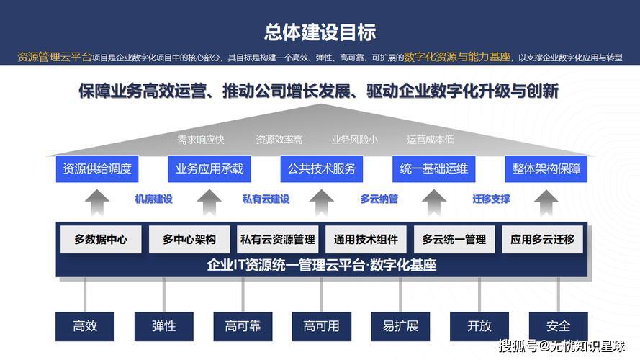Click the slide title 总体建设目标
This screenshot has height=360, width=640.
pyautogui.click(x=320, y=32)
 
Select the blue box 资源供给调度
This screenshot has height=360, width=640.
pyautogui.click(x=97, y=168)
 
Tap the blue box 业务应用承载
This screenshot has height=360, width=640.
pyautogui.click(x=209, y=168)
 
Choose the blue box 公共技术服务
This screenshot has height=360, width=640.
pyautogui.click(x=322, y=168)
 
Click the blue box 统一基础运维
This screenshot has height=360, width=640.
pyautogui.click(x=434, y=168)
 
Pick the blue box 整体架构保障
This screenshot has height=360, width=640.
pyautogui.click(x=546, y=168)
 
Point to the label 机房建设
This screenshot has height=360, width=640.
pyautogui.click(x=153, y=199)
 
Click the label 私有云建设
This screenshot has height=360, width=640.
pyautogui.click(x=266, y=199)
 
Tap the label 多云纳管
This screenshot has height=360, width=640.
pyautogui.click(x=379, y=199)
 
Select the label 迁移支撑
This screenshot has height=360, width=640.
pyautogui.click(x=491, y=199)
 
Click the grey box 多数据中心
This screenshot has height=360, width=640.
pyautogui.click(x=101, y=240)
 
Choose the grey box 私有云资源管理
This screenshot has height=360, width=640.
pyautogui.click(x=278, y=240)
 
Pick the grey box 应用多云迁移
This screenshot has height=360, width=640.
pyautogui.click(x=542, y=240)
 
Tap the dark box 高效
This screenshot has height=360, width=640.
pyautogui.click(x=85, y=326)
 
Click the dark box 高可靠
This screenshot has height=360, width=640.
pyautogui.click(x=243, y=326)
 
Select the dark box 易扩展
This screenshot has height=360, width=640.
pyautogui.click(x=400, y=326)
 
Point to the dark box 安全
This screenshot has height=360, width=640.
pyautogui.click(x=559, y=326)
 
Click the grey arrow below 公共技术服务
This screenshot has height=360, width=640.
pyautogui.click(x=322, y=203)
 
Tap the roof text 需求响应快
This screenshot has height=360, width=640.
pyautogui.click(x=200, y=140)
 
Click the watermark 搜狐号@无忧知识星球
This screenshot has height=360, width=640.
pyautogui.click(x=562, y=346)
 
